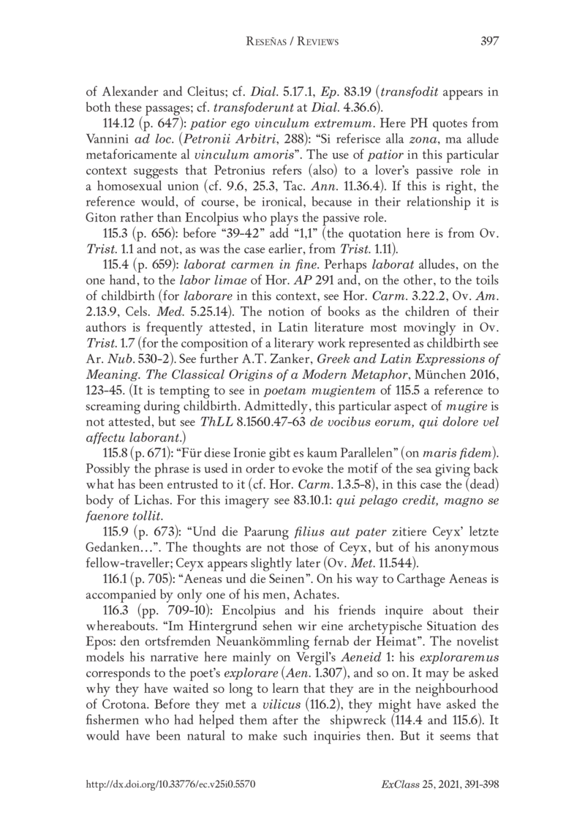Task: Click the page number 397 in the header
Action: click(488, 42)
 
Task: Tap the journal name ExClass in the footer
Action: click(401, 783)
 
